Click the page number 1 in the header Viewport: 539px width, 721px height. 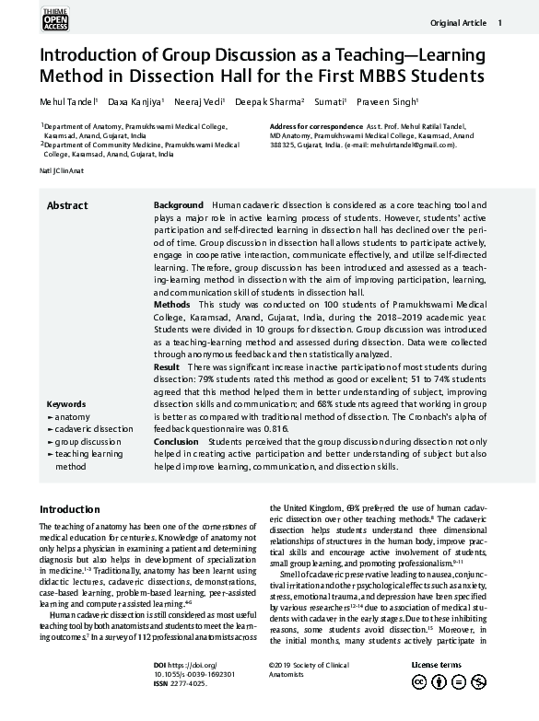[x=499, y=23]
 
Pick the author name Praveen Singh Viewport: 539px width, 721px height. [x=391, y=101]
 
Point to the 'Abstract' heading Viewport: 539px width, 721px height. [x=67, y=205]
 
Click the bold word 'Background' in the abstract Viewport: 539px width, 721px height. [x=178, y=204]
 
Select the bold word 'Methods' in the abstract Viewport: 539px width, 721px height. [x=172, y=304]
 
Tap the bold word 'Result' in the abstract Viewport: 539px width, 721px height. [x=167, y=367]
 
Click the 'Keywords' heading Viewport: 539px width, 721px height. [x=65, y=404]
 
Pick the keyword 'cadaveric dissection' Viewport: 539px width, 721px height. [x=93, y=429]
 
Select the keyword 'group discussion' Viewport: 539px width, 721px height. [x=88, y=442]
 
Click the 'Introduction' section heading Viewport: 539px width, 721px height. [x=69, y=509]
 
